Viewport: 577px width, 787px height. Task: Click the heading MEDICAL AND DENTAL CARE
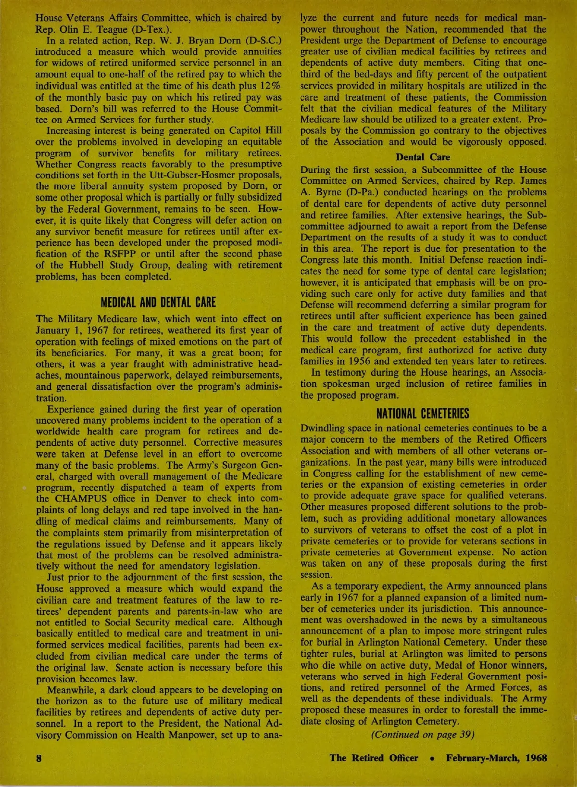click(x=158, y=303)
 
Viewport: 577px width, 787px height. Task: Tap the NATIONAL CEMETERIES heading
click(x=423, y=413)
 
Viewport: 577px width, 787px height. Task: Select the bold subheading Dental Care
click(x=423, y=157)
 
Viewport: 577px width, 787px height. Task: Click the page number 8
click(x=39, y=758)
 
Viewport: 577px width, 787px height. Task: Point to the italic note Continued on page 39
click(x=423, y=735)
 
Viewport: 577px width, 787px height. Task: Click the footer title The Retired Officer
click(x=374, y=758)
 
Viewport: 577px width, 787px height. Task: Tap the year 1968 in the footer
click(x=536, y=758)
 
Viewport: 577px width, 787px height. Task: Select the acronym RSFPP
click(x=108, y=254)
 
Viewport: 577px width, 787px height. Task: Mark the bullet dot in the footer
click(x=433, y=759)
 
